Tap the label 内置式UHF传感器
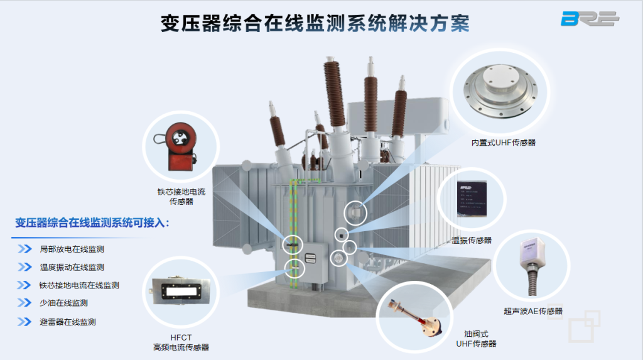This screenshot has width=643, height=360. point(504,143)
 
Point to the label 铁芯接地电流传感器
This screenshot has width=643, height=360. point(181,196)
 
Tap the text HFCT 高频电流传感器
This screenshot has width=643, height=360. point(181,342)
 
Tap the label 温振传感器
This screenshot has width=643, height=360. point(472,240)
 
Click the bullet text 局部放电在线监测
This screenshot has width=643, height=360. point(72,249)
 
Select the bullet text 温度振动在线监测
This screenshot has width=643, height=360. point(72,267)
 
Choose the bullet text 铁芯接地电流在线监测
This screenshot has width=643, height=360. point(79,285)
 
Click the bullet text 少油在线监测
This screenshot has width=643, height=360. point(63,303)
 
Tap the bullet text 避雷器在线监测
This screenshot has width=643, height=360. point(68,322)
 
